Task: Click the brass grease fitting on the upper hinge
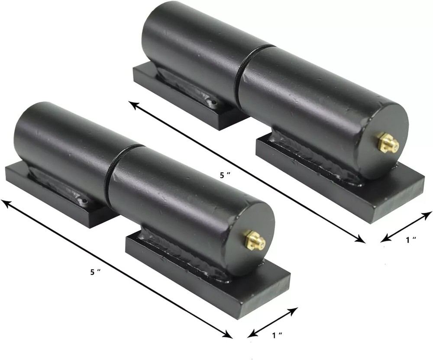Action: pos(388,143)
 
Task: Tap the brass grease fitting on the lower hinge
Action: pos(254,240)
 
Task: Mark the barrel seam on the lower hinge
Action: pos(109,173)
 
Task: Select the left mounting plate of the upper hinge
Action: pos(182,97)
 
